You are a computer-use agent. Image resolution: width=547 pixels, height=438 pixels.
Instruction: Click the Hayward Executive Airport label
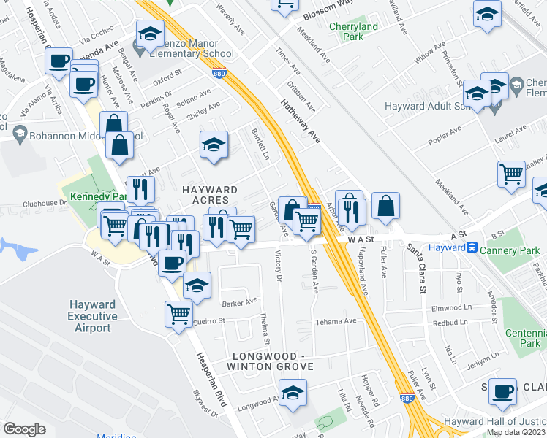(92, 316)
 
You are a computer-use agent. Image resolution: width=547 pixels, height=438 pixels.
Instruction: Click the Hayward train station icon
(473, 247)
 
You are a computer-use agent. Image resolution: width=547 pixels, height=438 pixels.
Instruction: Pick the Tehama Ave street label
(335, 321)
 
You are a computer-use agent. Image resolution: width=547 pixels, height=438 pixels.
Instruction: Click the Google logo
(24, 429)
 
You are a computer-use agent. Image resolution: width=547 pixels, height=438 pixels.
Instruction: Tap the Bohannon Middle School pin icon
(18, 134)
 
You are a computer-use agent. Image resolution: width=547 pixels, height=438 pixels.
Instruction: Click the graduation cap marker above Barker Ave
(197, 287)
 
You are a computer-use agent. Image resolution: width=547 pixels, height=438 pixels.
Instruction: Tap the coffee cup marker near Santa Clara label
(503, 391)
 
